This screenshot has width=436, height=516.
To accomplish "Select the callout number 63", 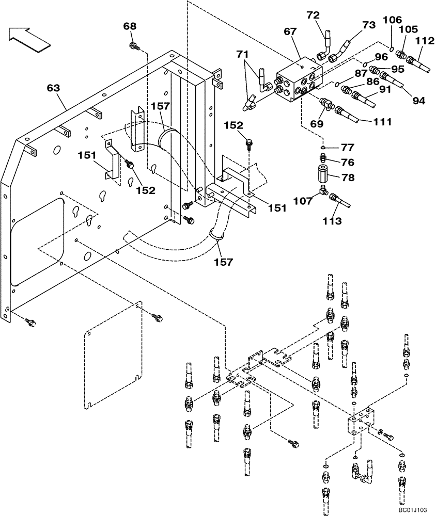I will pyautogui.click(x=53, y=88).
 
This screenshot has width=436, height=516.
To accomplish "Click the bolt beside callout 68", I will pyautogui.click(x=133, y=46).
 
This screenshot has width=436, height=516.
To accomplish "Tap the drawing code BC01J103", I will pyautogui.click(x=412, y=509).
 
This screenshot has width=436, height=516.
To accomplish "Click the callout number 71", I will pyautogui.click(x=242, y=53).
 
